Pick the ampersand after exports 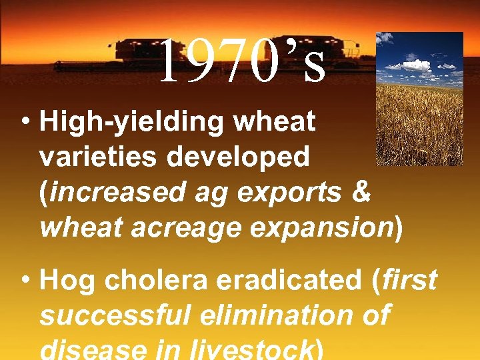pyautogui.click(x=359, y=192)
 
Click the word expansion pyautogui.click(x=319, y=227)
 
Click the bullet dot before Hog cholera pyautogui.click(x=25, y=282)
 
